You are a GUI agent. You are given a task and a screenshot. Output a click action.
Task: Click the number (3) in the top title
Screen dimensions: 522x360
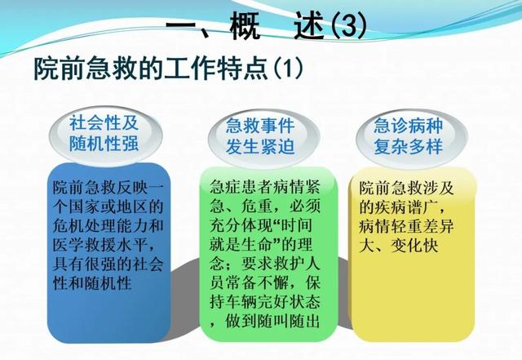point(349,26)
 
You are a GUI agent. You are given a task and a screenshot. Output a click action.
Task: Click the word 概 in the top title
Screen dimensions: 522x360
point(245,26)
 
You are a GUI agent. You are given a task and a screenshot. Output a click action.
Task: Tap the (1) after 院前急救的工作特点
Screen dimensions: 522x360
point(288,69)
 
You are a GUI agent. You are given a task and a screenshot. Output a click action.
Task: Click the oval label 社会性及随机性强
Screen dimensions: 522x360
point(104,136)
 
